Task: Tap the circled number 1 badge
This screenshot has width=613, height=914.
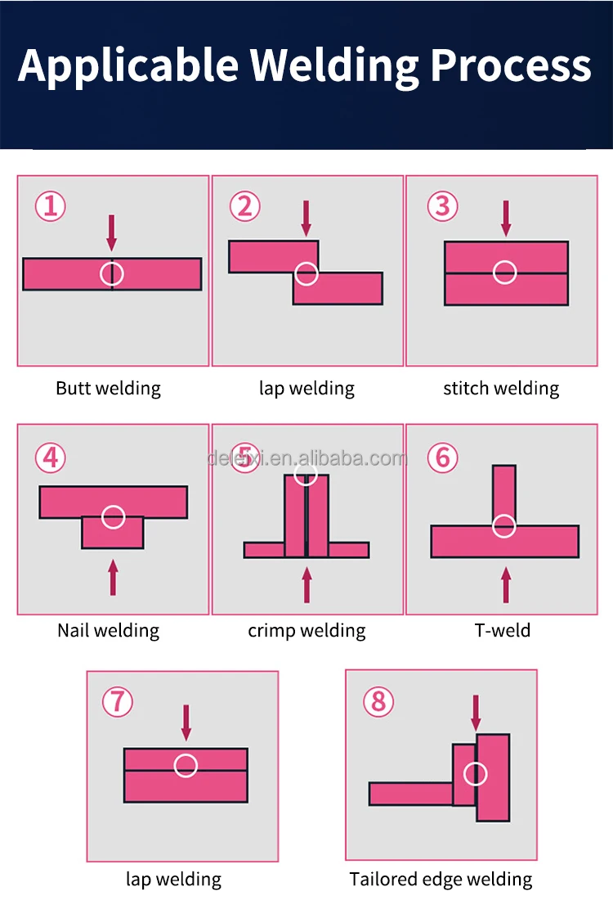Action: [50, 206]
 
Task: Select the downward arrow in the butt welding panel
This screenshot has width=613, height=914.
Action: [112, 232]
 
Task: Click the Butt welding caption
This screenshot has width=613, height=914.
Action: [108, 388]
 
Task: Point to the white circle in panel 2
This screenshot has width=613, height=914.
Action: [306, 273]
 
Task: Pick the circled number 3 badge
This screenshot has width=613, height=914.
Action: [442, 206]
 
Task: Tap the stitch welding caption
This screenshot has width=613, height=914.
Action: [501, 388]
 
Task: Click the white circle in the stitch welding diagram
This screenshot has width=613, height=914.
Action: [505, 272]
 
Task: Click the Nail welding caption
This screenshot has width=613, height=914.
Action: [108, 630]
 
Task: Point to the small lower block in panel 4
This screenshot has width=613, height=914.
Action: [113, 534]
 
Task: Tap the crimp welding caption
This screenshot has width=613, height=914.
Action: [306, 630]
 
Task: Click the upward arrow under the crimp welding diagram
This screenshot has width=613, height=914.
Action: [307, 584]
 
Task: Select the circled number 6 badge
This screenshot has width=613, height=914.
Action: [442, 457]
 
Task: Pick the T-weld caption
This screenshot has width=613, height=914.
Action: [503, 630]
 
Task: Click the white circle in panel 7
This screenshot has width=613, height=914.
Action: [186, 766]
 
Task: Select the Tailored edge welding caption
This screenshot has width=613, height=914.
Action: [441, 880]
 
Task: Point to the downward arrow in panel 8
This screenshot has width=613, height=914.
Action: [476, 713]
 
